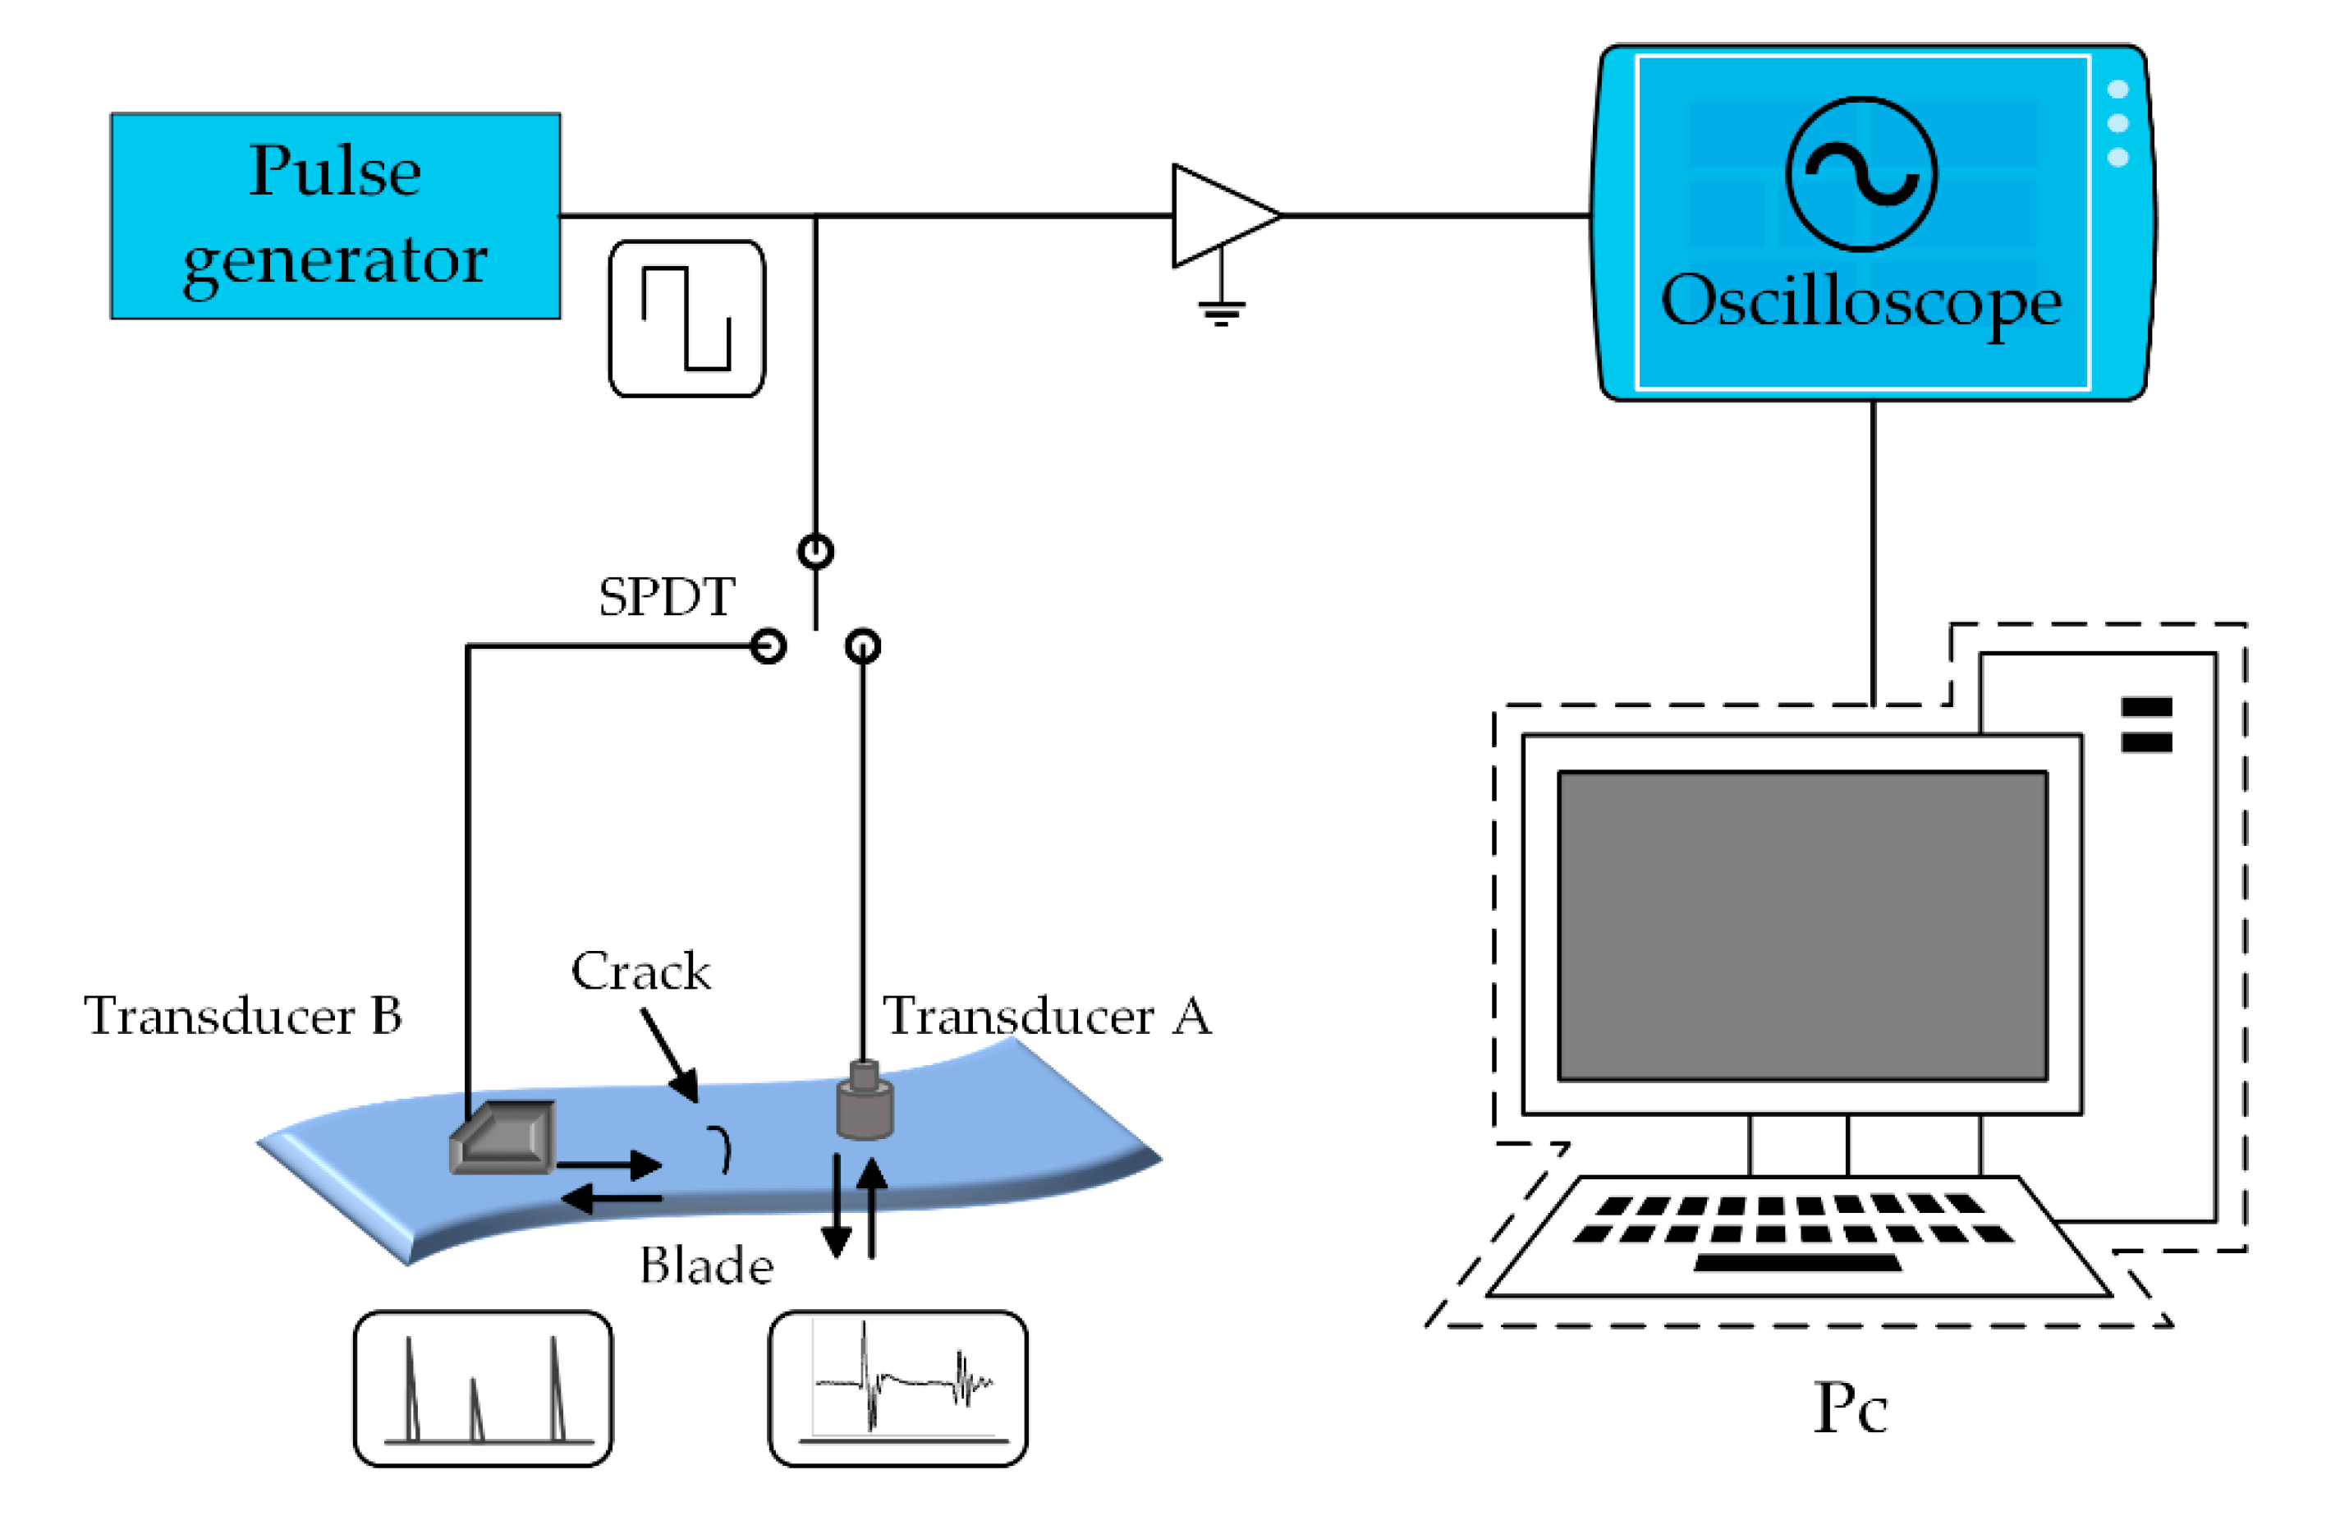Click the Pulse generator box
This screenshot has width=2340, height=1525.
coord(335,215)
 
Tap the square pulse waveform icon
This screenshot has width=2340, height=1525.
coord(686,319)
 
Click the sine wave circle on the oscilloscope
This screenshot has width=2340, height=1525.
coord(1861,174)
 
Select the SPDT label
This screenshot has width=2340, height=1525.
coord(667,597)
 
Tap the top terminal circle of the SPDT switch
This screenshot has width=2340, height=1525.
coord(815,550)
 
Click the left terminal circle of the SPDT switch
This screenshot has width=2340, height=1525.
coord(768,646)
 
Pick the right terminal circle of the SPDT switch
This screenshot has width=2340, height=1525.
coord(862,646)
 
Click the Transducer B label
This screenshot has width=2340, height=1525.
coord(243,1016)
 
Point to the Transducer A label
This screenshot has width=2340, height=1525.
coord(1046,1016)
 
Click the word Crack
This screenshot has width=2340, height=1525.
coord(640,971)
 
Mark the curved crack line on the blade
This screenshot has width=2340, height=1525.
coord(723,1148)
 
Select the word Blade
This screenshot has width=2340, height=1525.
coord(706,1265)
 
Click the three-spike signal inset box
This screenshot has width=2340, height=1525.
coord(483,1389)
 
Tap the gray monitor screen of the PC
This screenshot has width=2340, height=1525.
coord(1802,926)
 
